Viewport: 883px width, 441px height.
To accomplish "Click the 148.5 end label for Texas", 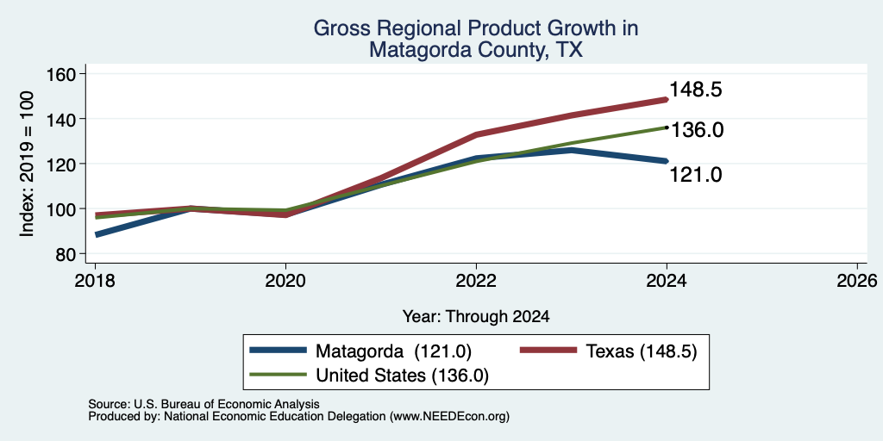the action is coord(696,90).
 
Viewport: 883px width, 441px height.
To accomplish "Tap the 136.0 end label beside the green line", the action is coord(697,131).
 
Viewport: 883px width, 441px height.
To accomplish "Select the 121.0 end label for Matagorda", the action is coord(696,175).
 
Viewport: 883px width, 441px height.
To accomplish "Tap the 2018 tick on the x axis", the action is coord(95,281).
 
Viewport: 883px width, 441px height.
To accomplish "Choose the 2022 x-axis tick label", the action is coord(476,281).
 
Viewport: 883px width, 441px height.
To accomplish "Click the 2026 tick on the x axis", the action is coord(858,281).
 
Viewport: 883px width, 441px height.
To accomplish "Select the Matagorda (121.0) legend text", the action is coord(393,351).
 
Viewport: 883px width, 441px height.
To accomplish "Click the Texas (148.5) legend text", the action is coord(642,351).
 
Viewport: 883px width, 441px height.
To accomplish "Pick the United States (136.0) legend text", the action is coord(402,376).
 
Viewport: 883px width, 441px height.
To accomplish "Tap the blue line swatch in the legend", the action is coord(279,351).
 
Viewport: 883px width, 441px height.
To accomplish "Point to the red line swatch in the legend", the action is coord(548,351).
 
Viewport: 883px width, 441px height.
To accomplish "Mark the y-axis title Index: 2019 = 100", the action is coord(27,164).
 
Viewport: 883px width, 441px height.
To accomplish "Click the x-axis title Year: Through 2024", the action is coord(476,317).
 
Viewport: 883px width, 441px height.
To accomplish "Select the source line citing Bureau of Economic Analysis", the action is coord(204,404).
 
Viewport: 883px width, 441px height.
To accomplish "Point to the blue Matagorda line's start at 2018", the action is coord(97,234).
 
